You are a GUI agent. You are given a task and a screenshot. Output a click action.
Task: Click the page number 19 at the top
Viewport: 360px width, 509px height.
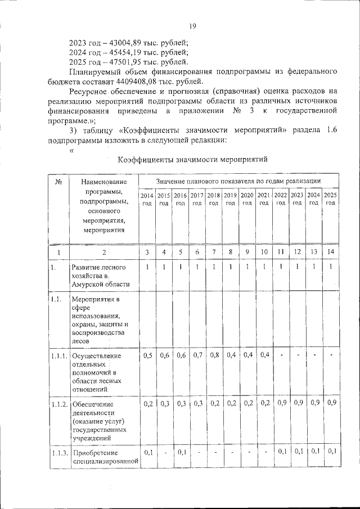pyautogui.click(x=192, y=26)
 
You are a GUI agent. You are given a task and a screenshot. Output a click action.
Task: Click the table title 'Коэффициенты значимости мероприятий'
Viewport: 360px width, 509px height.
pyautogui.click(x=192, y=159)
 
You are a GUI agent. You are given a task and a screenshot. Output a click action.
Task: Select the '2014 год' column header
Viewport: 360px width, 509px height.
pyautogui.click(x=147, y=199)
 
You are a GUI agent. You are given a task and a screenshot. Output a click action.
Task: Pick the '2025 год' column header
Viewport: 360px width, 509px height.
pyautogui.click(x=331, y=199)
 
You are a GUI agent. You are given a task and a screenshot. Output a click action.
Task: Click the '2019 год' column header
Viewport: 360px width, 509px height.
pyautogui.click(x=230, y=199)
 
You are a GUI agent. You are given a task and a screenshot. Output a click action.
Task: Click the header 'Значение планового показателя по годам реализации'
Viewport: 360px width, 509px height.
pyautogui.click(x=238, y=181)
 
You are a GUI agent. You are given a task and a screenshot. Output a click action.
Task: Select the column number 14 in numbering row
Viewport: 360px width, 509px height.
pyautogui.click(x=331, y=252)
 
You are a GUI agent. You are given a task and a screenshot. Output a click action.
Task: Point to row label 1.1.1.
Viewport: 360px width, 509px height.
pyautogui.click(x=58, y=356)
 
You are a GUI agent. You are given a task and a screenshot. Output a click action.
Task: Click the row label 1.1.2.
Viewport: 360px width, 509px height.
pyautogui.click(x=58, y=404)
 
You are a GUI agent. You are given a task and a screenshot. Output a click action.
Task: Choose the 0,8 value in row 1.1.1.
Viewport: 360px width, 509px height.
pyautogui.click(x=214, y=355)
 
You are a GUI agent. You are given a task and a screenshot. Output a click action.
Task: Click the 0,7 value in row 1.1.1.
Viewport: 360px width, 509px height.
pyautogui.click(x=197, y=355)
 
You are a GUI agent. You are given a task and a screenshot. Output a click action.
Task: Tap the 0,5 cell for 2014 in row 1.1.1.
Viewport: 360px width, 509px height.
pyautogui.click(x=147, y=355)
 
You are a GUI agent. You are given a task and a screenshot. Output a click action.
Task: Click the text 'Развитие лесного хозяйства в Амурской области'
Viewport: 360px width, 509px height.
pyautogui.click(x=98, y=276)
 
